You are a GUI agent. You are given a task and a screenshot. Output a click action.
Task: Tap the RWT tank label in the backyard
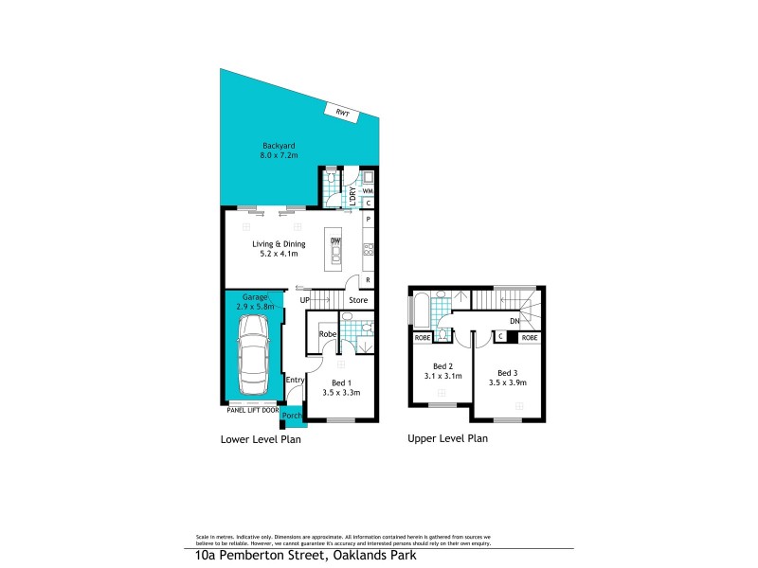(x=342, y=113)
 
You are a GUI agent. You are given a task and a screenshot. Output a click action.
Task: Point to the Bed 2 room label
(x=443, y=366)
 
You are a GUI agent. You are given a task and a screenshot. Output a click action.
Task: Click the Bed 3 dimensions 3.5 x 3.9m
(x=508, y=382)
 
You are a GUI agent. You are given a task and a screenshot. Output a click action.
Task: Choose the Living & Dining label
(x=275, y=243)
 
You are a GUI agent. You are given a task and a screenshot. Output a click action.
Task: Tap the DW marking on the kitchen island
(x=334, y=241)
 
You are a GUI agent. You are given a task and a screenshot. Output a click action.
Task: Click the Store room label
(x=357, y=301)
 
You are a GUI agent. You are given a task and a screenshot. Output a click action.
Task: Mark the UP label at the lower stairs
(x=305, y=301)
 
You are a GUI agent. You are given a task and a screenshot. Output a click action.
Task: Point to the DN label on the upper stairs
(x=514, y=321)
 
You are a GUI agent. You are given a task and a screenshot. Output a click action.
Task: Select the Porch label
(x=294, y=415)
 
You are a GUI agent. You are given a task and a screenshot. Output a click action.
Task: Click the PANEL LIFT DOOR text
(x=253, y=410)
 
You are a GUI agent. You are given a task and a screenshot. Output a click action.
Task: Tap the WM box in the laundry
(x=367, y=188)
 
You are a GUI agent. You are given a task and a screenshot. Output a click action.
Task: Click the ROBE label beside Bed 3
(x=531, y=337)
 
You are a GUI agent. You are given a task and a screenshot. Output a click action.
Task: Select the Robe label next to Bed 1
(x=328, y=334)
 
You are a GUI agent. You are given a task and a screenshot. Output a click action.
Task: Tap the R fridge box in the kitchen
(x=368, y=279)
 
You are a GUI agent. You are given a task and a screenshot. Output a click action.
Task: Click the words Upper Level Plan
(x=447, y=439)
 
